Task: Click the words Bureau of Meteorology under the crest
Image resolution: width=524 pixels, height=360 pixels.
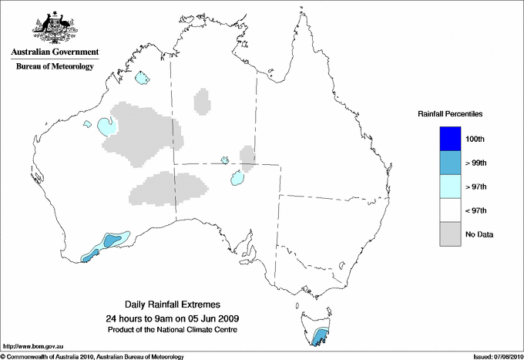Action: click(x=54, y=67)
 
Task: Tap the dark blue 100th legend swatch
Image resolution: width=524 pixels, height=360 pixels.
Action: click(x=449, y=138)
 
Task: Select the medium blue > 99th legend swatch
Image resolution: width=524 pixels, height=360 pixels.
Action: click(x=449, y=162)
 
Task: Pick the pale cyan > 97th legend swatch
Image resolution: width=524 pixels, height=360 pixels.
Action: click(x=449, y=186)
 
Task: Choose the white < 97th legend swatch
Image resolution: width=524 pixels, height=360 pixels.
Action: click(x=449, y=210)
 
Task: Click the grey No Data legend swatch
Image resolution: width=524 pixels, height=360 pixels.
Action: click(x=449, y=234)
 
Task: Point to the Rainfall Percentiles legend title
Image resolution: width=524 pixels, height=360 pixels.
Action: click(x=450, y=114)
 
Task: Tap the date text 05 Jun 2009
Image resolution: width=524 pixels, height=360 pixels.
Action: click(x=211, y=318)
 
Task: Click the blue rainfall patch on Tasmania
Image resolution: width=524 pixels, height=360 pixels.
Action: click(x=320, y=337)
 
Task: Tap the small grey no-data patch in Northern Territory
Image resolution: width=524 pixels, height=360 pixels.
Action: click(x=203, y=101)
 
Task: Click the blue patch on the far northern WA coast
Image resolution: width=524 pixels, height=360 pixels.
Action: click(x=142, y=78)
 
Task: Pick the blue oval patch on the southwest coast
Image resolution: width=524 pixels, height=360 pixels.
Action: click(x=113, y=239)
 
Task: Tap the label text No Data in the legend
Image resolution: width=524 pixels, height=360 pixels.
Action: click(x=479, y=234)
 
